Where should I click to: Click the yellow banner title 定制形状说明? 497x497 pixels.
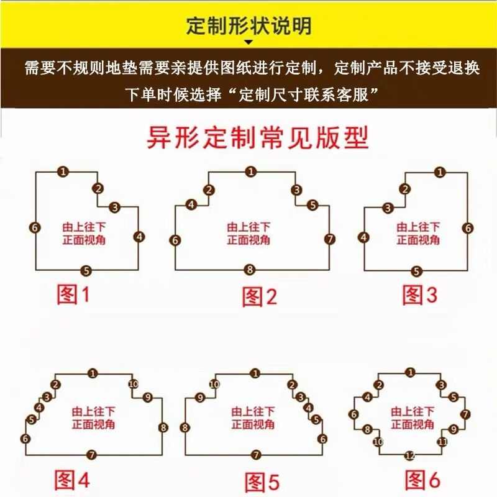[248, 26]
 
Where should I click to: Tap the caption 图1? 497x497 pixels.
[73, 294]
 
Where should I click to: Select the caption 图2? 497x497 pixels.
[259, 297]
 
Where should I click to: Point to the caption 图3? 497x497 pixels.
[420, 294]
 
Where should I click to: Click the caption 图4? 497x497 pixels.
[73, 480]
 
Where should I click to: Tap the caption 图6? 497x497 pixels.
[422, 480]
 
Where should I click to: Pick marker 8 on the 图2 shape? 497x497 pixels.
[250, 270]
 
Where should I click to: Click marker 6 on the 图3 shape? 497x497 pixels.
[467, 228]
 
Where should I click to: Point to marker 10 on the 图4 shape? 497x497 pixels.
[132, 384]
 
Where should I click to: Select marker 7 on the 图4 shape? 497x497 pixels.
[93, 455]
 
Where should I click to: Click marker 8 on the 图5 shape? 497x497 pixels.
[185, 427]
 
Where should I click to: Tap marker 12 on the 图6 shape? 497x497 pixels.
[409, 455]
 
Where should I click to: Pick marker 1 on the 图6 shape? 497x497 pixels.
[409, 373]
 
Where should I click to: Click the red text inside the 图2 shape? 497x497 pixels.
[248, 234]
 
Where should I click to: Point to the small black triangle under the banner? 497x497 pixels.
[248, 43]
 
